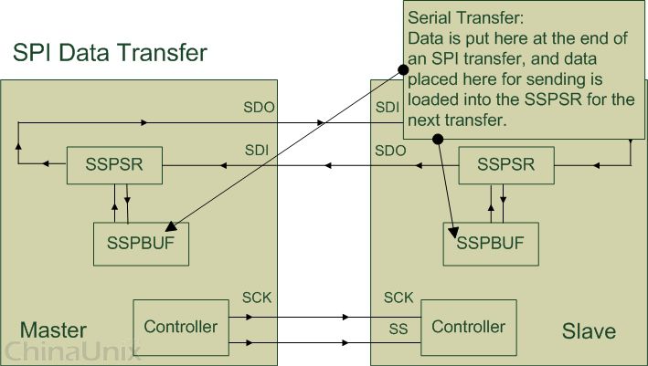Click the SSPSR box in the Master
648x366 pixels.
coord(114,165)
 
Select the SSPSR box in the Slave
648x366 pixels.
coord(505,165)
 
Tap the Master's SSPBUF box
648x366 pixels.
coord(141,244)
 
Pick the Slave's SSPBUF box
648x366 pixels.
coord(491,244)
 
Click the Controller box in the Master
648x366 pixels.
coord(181,326)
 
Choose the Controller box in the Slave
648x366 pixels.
coord(468,326)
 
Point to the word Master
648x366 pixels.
coord(53,329)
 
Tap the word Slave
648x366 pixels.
coord(589,329)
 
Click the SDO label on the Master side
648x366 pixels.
coord(260,108)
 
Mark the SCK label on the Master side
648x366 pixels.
coord(257,298)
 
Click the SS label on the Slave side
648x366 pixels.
coord(394,327)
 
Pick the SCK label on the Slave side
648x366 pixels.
coord(398,298)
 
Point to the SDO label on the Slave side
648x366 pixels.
coord(390,150)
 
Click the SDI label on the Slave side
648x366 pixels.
coord(387,108)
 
